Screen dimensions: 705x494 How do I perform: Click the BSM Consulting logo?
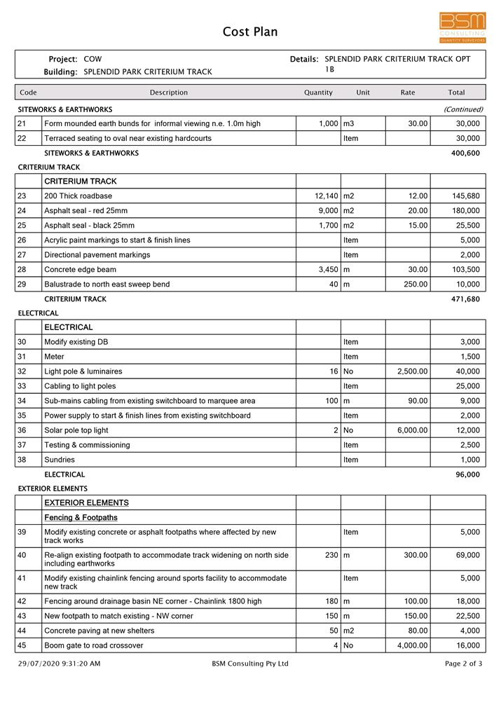[462, 27]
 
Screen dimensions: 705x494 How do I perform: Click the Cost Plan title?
[250, 32]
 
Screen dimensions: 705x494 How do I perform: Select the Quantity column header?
[318, 93]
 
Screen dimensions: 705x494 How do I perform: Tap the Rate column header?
[407, 93]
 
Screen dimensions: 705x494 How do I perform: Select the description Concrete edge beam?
[80, 270]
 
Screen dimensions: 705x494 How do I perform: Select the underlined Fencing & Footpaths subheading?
[81, 518]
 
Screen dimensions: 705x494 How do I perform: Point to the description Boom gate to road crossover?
[93, 645]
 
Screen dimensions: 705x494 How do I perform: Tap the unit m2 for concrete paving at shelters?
[349, 631]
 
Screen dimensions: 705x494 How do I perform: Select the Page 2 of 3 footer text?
[463, 664]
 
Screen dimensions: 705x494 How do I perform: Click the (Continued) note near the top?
[462, 109]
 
